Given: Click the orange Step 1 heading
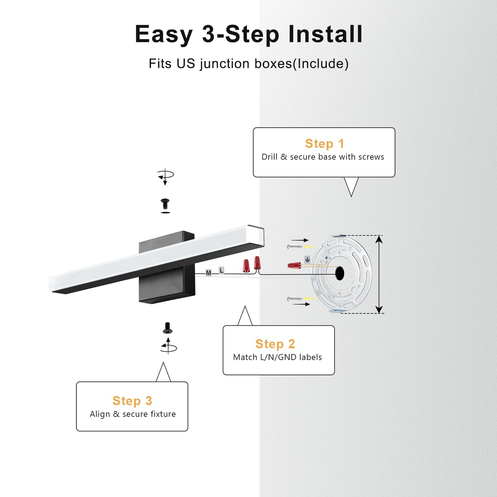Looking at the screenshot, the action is [x=324, y=143].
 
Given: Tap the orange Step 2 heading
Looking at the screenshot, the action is [x=275, y=344].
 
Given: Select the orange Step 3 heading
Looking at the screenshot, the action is [x=132, y=401].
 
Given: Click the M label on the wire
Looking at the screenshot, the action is [x=208, y=273].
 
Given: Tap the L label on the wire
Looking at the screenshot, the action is [x=221, y=270].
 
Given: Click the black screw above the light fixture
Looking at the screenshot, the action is [x=165, y=204].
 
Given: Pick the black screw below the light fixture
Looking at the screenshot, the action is [x=168, y=328].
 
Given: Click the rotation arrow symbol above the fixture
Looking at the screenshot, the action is [x=165, y=177].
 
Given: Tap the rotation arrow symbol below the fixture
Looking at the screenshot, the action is [x=168, y=346].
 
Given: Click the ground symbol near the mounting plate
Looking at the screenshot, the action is [x=307, y=259].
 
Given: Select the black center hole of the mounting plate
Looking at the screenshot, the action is [x=340, y=273].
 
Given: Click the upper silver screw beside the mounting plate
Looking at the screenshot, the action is [x=294, y=247].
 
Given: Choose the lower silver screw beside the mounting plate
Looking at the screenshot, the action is [x=294, y=299].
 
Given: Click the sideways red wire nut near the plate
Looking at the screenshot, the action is [x=294, y=265].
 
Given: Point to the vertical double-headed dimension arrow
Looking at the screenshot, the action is [x=379, y=274].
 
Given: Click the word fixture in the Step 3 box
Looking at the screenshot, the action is [x=163, y=414].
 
